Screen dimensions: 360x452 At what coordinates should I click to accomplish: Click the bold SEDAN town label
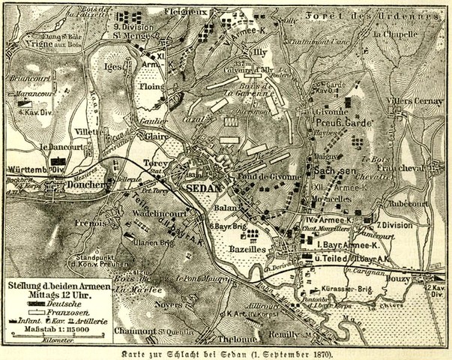pos(203,188)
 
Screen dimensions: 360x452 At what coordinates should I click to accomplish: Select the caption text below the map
pos(225,352)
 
